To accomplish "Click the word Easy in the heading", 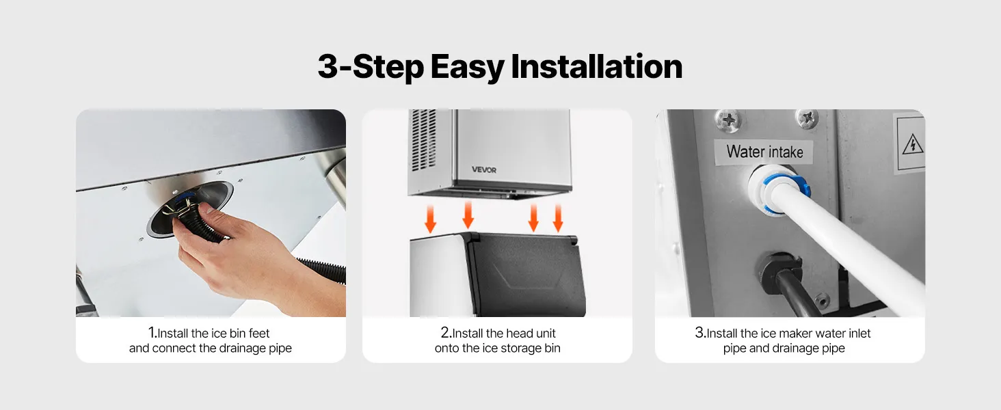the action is (x=467, y=67).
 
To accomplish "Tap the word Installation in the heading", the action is (x=597, y=66).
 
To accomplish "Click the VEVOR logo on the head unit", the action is (x=484, y=169).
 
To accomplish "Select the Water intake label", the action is (x=764, y=152).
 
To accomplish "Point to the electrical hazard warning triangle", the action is (x=912, y=144).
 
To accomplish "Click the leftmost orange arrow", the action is (x=430, y=219).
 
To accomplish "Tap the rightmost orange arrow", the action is (x=558, y=218).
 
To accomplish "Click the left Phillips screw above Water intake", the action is (x=728, y=120).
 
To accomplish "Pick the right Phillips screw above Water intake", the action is (x=807, y=119).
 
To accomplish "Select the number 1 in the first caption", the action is (x=152, y=332).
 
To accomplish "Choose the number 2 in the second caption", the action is (x=444, y=332).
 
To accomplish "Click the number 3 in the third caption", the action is (x=699, y=332).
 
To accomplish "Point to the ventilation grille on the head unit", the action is (x=423, y=140).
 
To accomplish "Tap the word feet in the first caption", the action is (x=258, y=333).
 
